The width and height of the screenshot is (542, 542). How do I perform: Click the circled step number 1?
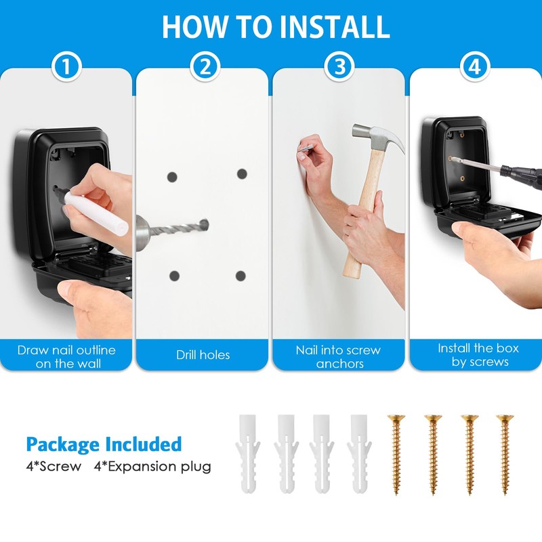click(66, 67)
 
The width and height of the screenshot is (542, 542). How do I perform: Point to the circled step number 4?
click(474, 67)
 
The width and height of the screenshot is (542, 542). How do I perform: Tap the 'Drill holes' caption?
click(203, 355)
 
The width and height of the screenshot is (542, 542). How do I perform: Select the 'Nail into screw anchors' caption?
click(339, 356)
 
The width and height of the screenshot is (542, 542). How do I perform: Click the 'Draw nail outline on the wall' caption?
click(66, 356)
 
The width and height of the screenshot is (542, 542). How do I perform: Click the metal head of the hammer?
click(379, 139)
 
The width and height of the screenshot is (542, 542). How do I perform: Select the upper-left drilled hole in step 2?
click(172, 177)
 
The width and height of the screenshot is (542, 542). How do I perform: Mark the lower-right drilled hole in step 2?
click(240, 275)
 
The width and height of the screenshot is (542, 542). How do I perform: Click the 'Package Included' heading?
click(104, 444)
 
